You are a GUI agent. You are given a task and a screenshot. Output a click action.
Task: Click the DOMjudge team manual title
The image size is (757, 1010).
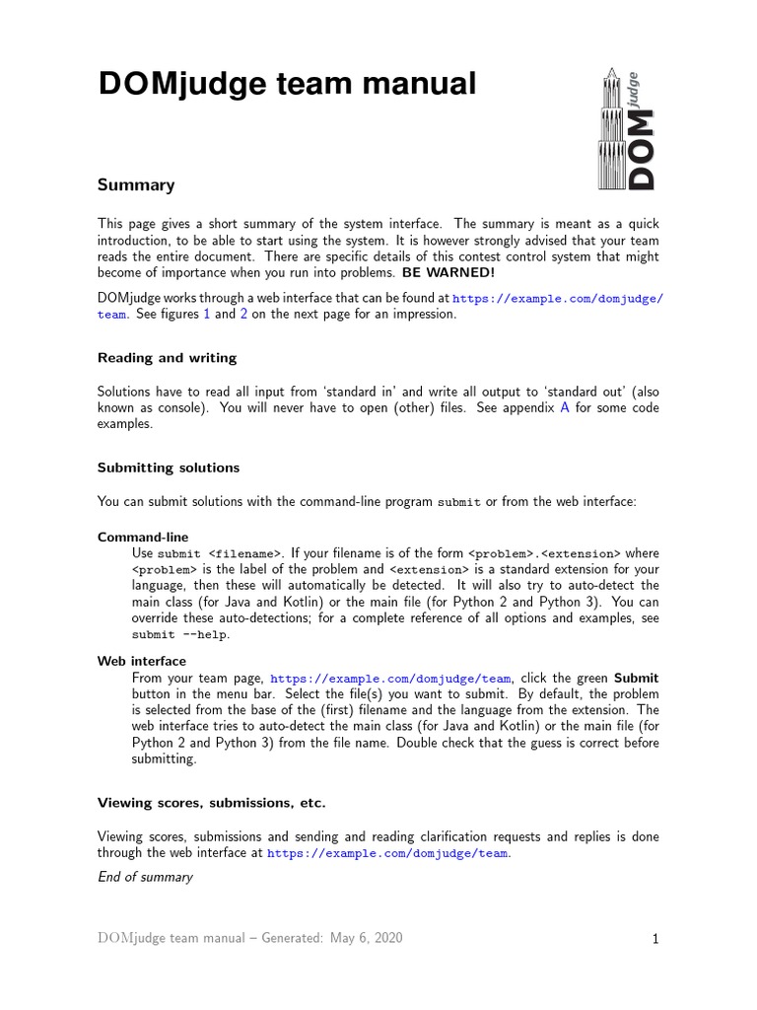(x=287, y=86)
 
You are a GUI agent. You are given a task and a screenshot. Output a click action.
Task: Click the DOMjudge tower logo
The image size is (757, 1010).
(x=625, y=128)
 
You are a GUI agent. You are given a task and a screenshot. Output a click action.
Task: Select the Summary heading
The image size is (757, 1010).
(x=136, y=184)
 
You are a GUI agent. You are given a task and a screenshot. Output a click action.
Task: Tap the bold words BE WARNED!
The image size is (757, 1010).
(x=448, y=272)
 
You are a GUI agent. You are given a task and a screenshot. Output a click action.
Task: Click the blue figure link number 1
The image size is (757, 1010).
(x=206, y=315)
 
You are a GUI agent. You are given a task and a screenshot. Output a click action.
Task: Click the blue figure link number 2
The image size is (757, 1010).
(x=243, y=315)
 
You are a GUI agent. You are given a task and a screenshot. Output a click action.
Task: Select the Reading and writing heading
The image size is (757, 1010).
(x=167, y=357)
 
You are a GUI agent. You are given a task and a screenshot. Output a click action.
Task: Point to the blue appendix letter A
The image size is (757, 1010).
(x=565, y=407)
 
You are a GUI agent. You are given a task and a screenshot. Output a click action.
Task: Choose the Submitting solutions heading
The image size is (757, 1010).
(x=169, y=468)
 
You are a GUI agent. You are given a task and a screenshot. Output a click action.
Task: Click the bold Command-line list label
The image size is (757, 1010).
(x=143, y=538)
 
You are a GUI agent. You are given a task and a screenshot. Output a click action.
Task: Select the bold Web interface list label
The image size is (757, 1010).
(x=142, y=661)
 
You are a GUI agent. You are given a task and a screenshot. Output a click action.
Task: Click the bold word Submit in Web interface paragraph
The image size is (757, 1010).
(x=636, y=679)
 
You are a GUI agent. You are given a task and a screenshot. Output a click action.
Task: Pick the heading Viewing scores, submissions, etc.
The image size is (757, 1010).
(x=211, y=803)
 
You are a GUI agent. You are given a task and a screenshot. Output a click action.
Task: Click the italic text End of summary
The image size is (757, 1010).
(x=145, y=877)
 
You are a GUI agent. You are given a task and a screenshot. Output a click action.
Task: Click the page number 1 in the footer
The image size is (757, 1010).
(x=654, y=940)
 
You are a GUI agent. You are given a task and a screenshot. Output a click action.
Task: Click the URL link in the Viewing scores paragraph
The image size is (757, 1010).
(x=388, y=853)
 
